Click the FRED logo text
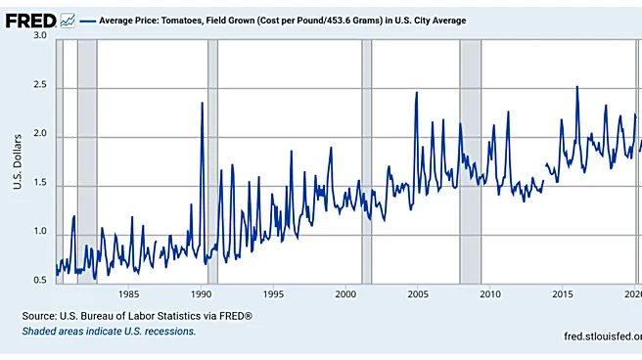pos(30,21)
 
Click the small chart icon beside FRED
pos(68,21)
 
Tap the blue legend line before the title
pos(88,21)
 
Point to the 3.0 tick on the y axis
pos(40,35)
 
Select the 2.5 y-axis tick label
pos(40,85)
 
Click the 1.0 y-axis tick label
pos(40,231)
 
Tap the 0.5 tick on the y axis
pos(40,280)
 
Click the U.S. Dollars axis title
pos(18,161)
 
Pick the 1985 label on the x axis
pos(128,294)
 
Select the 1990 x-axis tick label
pos(201,294)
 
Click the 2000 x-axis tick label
pos(345,294)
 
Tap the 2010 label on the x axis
pos(490,294)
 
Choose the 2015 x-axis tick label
pos(563,294)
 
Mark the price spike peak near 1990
pos(202,103)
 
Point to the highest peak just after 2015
pos(577,87)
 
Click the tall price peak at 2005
pos(417,93)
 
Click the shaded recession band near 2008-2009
pos(471,161)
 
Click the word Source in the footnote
pos(39,316)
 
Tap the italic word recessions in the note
pos(171,331)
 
